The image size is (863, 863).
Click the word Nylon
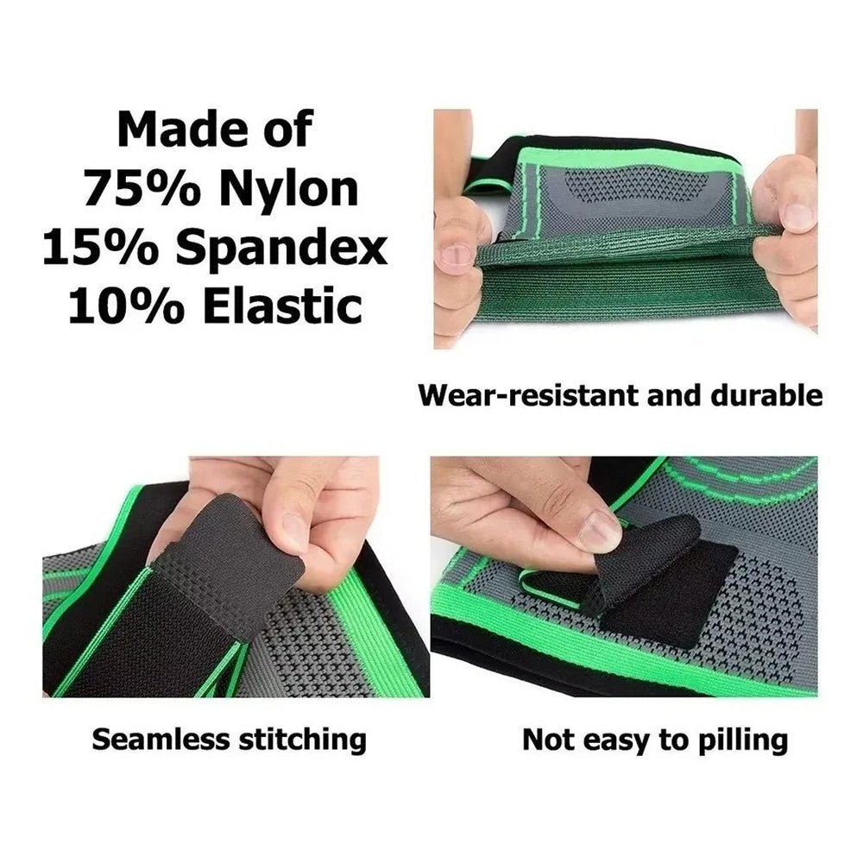click(289, 189)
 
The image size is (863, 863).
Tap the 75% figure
click(142, 187)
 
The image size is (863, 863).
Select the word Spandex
click(281, 249)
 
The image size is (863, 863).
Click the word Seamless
click(162, 739)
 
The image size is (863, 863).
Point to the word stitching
click(302, 740)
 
